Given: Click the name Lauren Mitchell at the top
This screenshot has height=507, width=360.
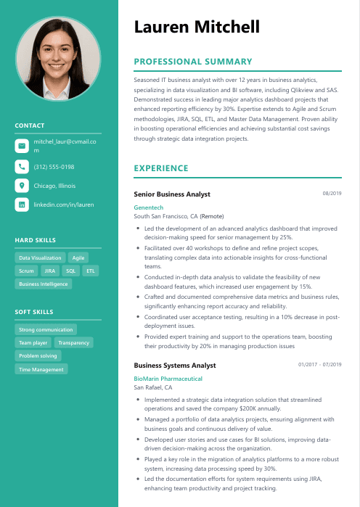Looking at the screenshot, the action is tap(196, 28).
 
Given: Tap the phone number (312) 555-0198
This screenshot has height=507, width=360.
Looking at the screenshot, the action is tap(54, 166).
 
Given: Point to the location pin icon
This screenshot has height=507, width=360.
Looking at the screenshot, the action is tap(22, 186).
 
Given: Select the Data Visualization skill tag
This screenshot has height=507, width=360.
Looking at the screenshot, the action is tap(40, 257).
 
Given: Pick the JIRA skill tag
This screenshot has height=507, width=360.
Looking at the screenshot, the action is tap(49, 271).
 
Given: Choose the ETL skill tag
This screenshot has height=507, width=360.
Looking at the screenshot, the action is tap(91, 271).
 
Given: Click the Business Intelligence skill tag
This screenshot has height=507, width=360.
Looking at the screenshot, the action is tap(44, 284).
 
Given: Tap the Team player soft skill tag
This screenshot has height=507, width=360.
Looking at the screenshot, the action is tap(33, 342).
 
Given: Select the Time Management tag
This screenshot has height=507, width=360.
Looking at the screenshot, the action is tap(41, 369).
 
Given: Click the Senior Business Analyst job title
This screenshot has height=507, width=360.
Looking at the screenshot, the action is tap(172, 194).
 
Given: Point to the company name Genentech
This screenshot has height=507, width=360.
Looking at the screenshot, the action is tap(149, 207).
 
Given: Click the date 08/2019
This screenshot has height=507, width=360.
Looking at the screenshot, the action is tap(332, 194).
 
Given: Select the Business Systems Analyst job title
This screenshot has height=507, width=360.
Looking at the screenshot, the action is tap(175, 366).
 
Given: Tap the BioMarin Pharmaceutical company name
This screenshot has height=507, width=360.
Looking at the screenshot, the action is tap(168, 379).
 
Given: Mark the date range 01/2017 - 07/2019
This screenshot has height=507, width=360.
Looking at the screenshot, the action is tap(319, 364).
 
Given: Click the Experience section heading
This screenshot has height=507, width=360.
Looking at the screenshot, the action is tap(161, 168).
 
